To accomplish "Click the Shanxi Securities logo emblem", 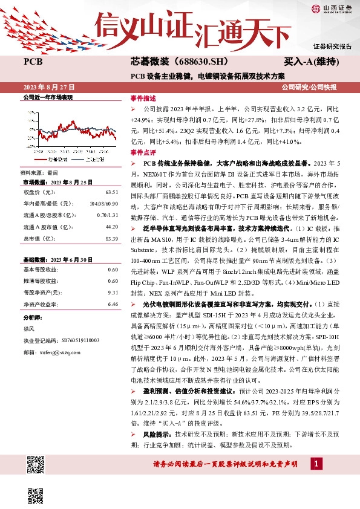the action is click(315, 8).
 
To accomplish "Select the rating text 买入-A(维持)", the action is click(310, 62).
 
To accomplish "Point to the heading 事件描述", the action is click(143, 98).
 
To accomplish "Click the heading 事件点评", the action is click(143, 152).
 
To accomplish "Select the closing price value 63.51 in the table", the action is click(111, 192).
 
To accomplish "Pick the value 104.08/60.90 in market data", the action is click(103, 204).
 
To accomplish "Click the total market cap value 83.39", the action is click(111, 239).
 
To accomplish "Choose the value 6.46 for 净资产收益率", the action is click(112, 303).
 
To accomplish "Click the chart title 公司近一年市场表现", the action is click(47, 97).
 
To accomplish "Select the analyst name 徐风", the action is click(30, 329).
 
